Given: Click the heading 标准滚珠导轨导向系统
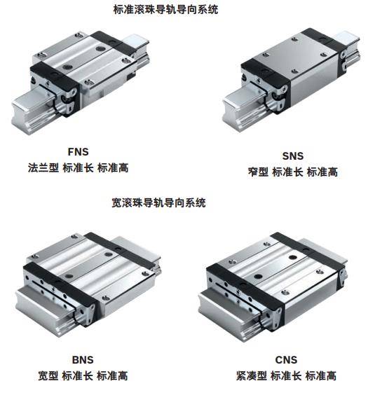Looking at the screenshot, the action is pyautogui.click(x=165, y=10).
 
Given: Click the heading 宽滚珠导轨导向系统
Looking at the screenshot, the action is pyautogui.click(x=158, y=202).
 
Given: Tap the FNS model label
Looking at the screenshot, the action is pyautogui.click(x=79, y=151).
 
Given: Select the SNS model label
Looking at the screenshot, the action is pyautogui.click(x=293, y=156).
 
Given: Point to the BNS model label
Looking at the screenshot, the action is pyautogui.click(x=83, y=360).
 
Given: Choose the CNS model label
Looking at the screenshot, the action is pyautogui.click(x=286, y=360).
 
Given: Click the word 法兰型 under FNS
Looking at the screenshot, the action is pyautogui.click(x=43, y=167).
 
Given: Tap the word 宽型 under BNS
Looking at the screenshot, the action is pyautogui.click(x=48, y=375).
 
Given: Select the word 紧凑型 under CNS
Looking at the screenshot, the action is pyautogui.click(x=252, y=375).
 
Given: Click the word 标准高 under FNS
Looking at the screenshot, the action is pyautogui.click(x=113, y=167).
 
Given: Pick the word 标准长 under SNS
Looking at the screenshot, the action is pyautogui.click(x=287, y=172).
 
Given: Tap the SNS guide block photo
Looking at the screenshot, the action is pyautogui.click(x=292, y=79).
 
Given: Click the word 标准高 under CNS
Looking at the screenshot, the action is pyautogui.click(x=321, y=375).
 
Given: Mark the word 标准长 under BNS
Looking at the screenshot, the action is pyautogui.click(x=77, y=375).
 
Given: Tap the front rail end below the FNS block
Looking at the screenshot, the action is pyautogui.click(x=34, y=110).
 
